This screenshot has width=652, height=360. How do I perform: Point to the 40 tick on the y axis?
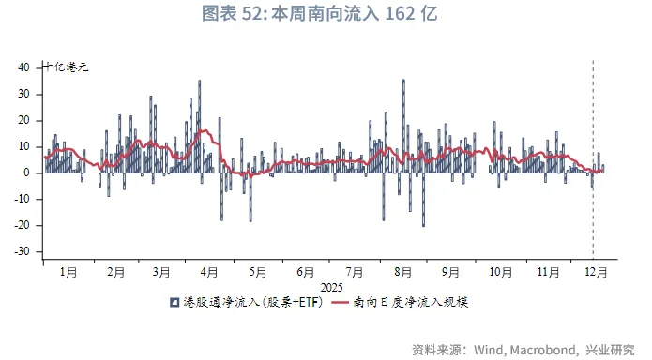[25, 67]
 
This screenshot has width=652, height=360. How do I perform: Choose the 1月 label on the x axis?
[68, 272]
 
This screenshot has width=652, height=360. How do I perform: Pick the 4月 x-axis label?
[208, 272]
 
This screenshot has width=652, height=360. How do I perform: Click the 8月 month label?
[402, 272]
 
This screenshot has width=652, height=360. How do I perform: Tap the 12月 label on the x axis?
[595, 272]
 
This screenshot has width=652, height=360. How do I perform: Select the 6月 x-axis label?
[306, 272]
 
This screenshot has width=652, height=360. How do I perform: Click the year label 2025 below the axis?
[332, 287]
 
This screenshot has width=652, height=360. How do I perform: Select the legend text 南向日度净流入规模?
[421, 303]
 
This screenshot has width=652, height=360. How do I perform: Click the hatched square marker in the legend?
[174, 303]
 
